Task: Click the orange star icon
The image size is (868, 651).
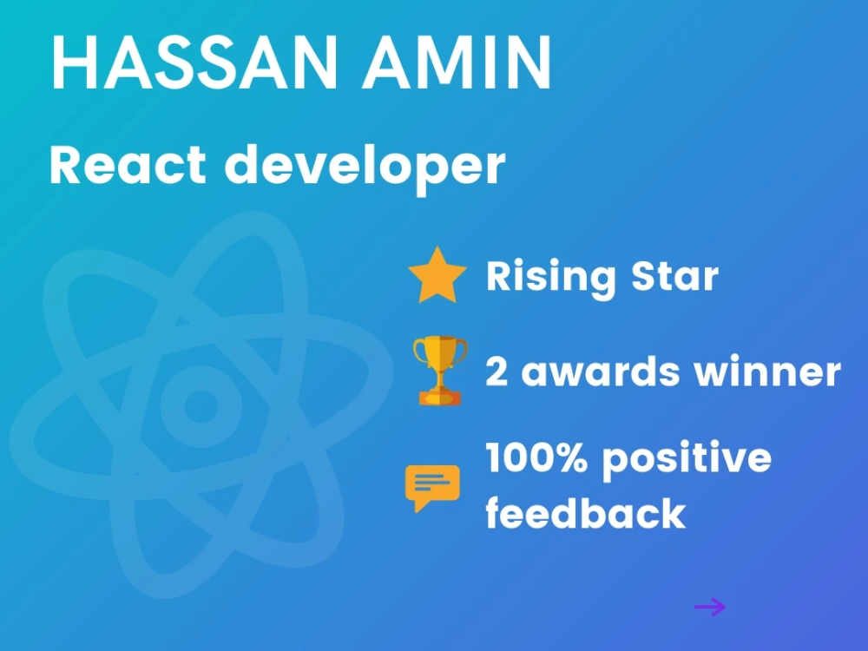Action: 438,276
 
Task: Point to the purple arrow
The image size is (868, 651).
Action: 709,607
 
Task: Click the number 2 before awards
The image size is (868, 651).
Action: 496,372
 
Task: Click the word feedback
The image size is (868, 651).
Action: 586,513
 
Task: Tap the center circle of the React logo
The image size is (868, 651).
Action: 201,405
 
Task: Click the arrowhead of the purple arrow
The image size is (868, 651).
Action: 720,607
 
